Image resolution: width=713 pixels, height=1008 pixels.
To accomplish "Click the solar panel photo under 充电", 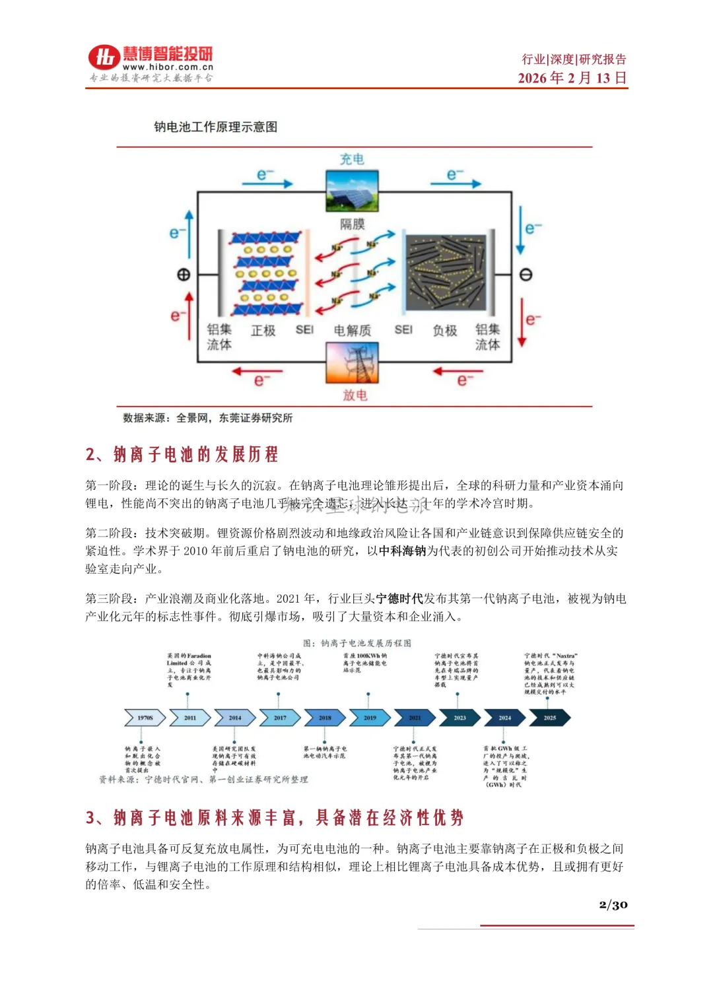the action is (352, 191).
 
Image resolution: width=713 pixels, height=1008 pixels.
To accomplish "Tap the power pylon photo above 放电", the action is (352, 363).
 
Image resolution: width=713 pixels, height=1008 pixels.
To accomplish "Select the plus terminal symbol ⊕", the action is (184, 275).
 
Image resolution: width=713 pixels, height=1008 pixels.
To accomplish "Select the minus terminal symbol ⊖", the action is (526, 275).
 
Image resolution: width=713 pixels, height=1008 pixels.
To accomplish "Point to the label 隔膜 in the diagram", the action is (353, 224).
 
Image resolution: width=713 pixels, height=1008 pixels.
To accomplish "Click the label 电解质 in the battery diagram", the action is (353, 330).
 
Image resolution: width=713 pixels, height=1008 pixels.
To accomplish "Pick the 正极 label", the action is (263, 330).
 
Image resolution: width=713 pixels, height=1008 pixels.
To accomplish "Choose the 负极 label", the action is (444, 330).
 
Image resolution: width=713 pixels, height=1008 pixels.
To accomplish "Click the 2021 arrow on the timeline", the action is (414, 718).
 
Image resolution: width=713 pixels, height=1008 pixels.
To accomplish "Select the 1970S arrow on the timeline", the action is (145, 718).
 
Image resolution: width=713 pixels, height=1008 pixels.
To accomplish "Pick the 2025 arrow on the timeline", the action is (549, 718).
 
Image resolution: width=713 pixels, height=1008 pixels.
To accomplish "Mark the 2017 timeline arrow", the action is (280, 718).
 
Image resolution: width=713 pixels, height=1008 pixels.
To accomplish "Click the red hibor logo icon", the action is (104, 57).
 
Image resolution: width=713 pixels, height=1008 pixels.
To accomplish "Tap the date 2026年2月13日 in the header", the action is (572, 78).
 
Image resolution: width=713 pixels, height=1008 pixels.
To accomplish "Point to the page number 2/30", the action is (613, 904).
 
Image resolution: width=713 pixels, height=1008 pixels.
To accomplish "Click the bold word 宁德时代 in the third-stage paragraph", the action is (399, 599).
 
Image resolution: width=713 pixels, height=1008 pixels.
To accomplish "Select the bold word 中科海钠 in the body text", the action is (403, 551).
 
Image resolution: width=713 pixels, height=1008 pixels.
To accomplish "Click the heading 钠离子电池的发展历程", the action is (195, 454).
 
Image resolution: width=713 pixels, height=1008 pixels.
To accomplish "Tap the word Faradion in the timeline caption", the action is (199, 656).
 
